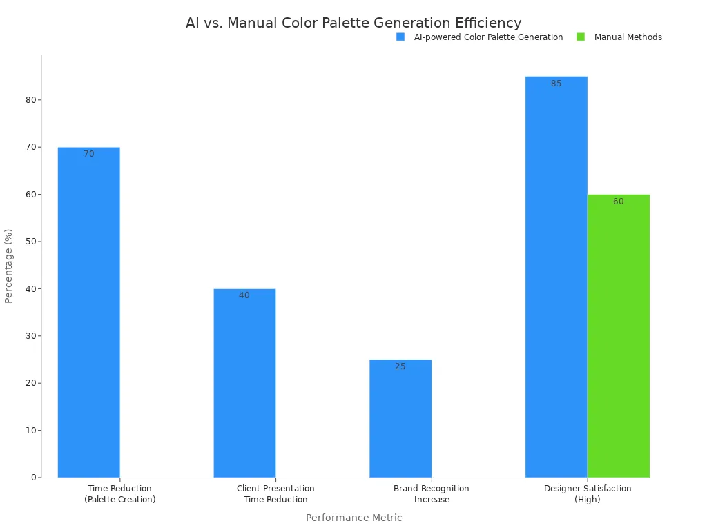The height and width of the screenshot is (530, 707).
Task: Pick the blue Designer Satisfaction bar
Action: pyautogui.click(x=556, y=277)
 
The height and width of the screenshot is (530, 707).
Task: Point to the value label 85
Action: pyautogui.click(x=556, y=84)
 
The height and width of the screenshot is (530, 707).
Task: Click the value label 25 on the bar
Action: pyautogui.click(x=400, y=366)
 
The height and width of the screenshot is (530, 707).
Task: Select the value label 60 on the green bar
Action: pyautogui.click(x=619, y=202)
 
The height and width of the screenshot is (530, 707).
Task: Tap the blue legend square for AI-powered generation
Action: pyautogui.click(x=400, y=37)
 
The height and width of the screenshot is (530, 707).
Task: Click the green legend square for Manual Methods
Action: pyautogui.click(x=581, y=37)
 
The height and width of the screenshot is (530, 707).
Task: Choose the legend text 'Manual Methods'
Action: pyautogui.click(x=628, y=37)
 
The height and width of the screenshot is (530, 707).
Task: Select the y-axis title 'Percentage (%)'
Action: pyautogui.click(x=9, y=266)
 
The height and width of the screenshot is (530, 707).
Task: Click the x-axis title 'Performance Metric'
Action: pyautogui.click(x=353, y=518)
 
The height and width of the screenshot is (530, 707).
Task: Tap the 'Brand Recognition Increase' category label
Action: pyautogui.click(x=432, y=493)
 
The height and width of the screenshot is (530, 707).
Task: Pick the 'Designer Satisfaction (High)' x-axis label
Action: pyautogui.click(x=588, y=493)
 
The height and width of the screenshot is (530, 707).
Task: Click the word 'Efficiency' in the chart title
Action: pyautogui.click(x=483, y=23)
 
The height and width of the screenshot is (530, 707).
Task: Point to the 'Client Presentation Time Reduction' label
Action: pyautogui.click(x=275, y=493)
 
